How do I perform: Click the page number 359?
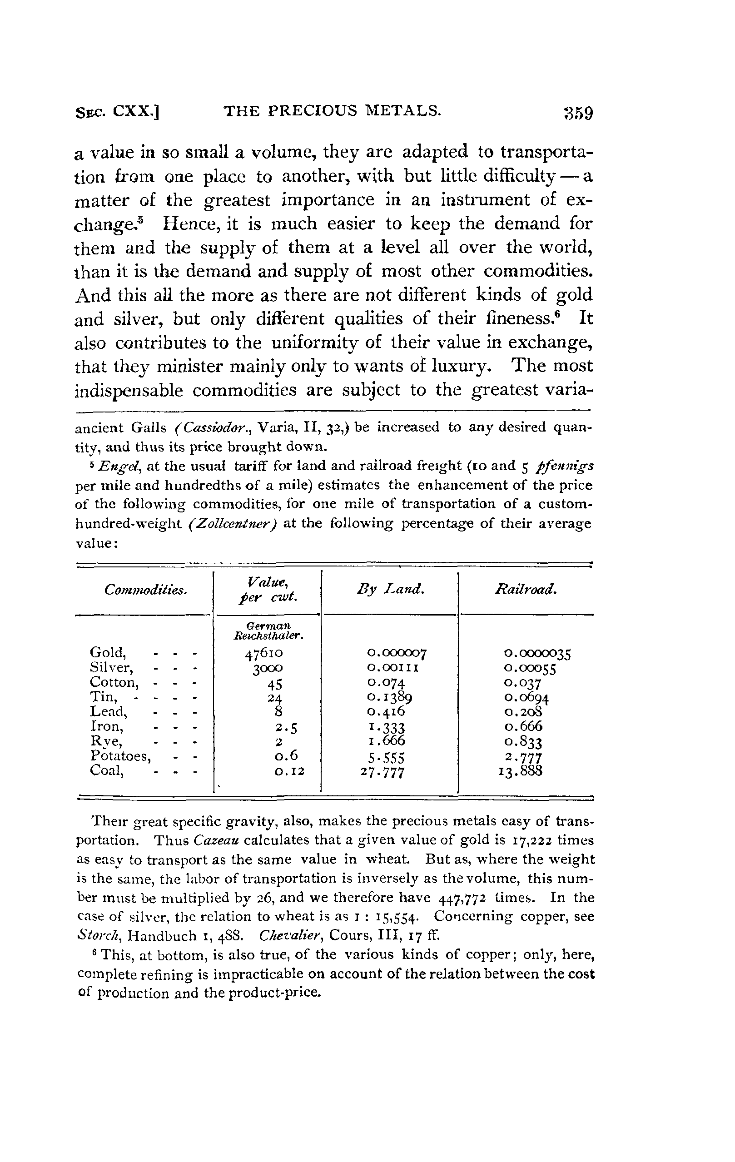point(577,114)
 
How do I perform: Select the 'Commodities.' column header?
point(145,590)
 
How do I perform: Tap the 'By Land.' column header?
point(390,589)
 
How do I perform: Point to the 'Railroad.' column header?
point(526,589)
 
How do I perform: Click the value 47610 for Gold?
point(263,653)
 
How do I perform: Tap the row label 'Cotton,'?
point(114,682)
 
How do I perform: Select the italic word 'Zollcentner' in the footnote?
point(232,524)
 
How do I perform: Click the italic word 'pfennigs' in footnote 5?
point(565,466)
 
